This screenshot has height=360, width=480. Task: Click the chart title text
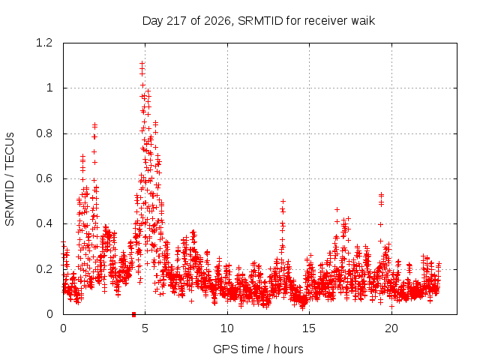(259, 21)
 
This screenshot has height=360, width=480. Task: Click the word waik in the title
(363, 21)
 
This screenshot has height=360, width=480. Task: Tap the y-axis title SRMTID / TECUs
(10, 179)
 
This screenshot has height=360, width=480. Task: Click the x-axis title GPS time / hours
(258, 349)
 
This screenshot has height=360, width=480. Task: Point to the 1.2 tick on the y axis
(44, 43)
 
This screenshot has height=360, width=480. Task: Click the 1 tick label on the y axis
(49, 88)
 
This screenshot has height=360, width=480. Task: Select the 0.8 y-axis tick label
(44, 133)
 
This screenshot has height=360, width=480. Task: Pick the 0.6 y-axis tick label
(44, 178)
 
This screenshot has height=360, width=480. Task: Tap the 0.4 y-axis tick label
(44, 223)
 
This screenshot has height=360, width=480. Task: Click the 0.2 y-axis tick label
(44, 269)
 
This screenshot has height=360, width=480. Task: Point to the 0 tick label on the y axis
(49, 314)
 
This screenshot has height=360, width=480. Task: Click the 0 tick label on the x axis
(63, 328)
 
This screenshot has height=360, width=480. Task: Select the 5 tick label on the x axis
(145, 328)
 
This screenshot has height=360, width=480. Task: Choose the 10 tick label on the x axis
(227, 328)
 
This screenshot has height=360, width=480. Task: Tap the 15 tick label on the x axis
(309, 328)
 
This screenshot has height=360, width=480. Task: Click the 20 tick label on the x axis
(391, 328)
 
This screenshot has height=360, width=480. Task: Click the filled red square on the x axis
(133, 315)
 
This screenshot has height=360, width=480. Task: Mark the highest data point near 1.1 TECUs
(142, 64)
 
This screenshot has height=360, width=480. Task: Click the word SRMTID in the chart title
(260, 21)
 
